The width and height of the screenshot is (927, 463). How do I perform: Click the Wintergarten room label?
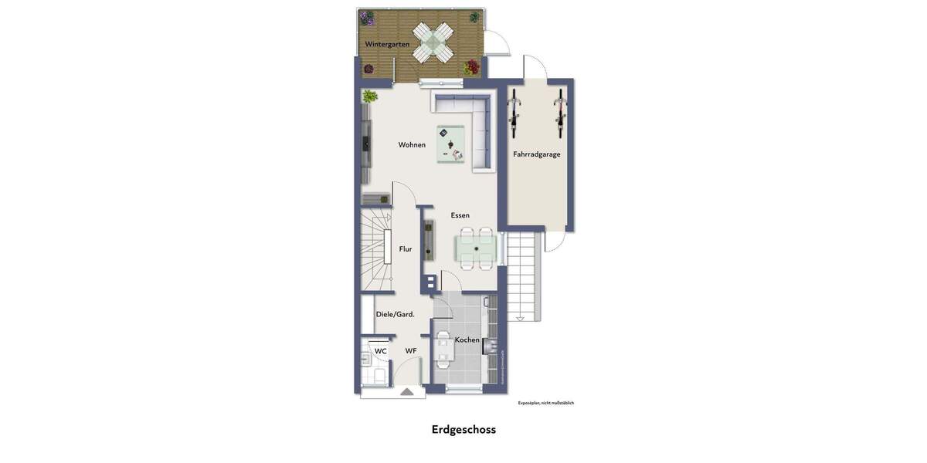pos(387,45)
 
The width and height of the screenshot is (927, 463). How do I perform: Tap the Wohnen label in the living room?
pos(412,145)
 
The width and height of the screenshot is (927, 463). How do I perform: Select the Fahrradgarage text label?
pos(537,154)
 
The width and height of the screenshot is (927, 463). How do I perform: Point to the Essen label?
pos(460,215)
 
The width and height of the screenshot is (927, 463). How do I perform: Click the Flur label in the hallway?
pos(406,249)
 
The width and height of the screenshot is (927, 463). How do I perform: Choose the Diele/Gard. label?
pos(396,314)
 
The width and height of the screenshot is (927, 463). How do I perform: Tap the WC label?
pos(381,351)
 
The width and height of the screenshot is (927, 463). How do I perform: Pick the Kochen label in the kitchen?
pos(467,340)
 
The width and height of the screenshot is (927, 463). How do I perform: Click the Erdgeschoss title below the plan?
pos(463,430)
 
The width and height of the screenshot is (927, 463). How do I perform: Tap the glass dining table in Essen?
pos(477,248)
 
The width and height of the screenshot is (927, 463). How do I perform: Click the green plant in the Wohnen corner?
pos(370,96)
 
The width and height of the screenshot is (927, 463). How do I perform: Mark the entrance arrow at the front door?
pos(407,392)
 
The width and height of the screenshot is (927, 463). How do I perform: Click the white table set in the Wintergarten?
pos(432,42)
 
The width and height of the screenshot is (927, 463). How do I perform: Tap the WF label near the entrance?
pos(411,351)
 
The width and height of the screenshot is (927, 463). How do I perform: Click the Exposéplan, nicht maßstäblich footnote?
pos(545,403)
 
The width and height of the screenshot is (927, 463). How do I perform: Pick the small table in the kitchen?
pos(443,349)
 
